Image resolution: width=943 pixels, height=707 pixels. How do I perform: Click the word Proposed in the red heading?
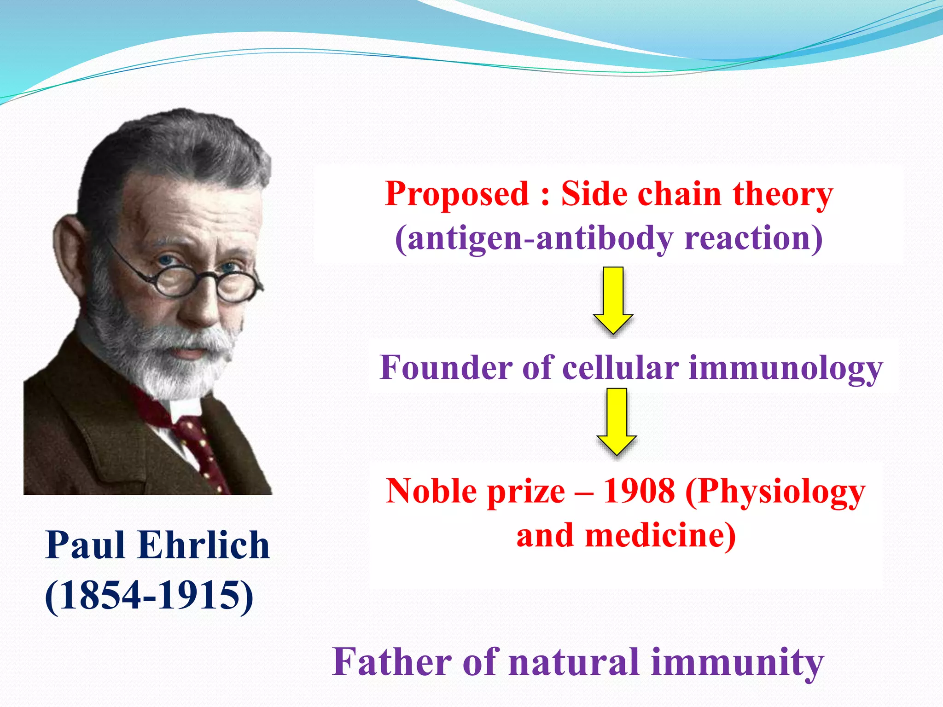pyautogui.click(x=457, y=194)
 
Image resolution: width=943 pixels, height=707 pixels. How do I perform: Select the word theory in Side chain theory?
pyautogui.click(x=783, y=194)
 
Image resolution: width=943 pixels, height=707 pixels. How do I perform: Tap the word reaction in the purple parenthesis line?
pyautogui.click(x=753, y=238)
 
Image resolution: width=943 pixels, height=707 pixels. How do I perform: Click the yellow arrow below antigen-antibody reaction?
pyautogui.click(x=613, y=300)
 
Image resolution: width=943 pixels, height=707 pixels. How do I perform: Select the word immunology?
pyautogui.click(x=786, y=369)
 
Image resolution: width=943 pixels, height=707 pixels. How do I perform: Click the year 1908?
pyautogui.click(x=639, y=491)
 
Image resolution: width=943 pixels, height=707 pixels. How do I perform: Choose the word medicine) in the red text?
pyautogui.click(x=660, y=536)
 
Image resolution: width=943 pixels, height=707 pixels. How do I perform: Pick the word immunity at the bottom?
pyautogui.click(x=737, y=662)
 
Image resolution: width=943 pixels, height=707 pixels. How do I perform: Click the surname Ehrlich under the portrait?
pyautogui.click(x=204, y=545)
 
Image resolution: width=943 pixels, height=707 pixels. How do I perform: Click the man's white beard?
pyautogui.click(x=157, y=359)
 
